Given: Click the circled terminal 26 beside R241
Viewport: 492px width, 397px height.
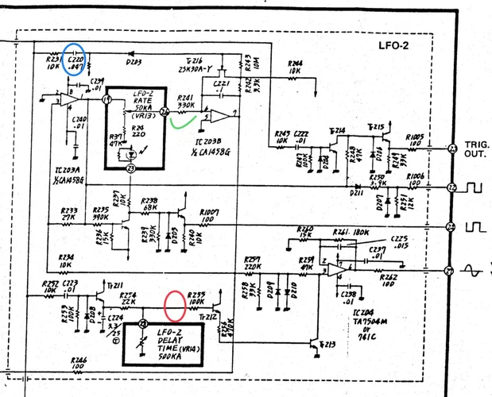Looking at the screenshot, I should [x=165, y=112].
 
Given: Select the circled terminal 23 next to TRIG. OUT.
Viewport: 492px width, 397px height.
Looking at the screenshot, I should [x=452, y=148].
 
